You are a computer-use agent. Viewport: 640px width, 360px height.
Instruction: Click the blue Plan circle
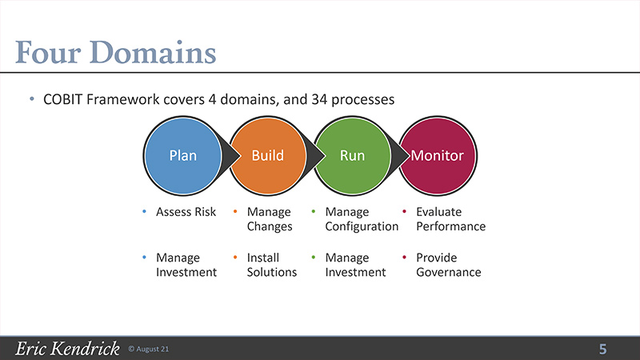183,155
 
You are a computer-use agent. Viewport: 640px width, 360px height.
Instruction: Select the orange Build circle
268,155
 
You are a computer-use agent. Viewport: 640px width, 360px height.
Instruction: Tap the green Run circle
352,155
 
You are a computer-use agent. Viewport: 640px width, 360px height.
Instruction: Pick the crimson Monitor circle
437,155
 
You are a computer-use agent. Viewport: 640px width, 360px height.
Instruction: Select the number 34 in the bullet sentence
319,99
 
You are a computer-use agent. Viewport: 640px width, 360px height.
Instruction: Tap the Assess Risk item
186,212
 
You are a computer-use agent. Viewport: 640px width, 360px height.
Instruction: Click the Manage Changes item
270,218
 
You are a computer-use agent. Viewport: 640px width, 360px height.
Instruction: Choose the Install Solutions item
272,265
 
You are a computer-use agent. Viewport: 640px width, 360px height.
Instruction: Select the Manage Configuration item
362,218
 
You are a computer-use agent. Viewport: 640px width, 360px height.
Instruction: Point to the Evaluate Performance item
451,218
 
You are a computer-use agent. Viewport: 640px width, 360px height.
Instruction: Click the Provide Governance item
449,265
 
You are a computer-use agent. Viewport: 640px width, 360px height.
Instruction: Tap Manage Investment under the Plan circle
186,265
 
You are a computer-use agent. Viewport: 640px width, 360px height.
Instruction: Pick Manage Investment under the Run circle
355,265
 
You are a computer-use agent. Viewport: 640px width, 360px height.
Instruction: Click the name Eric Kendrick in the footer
67,349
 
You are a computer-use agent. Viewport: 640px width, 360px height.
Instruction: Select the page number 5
603,349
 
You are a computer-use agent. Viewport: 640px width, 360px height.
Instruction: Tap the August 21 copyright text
149,349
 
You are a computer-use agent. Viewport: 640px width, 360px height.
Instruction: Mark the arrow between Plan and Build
230,155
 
